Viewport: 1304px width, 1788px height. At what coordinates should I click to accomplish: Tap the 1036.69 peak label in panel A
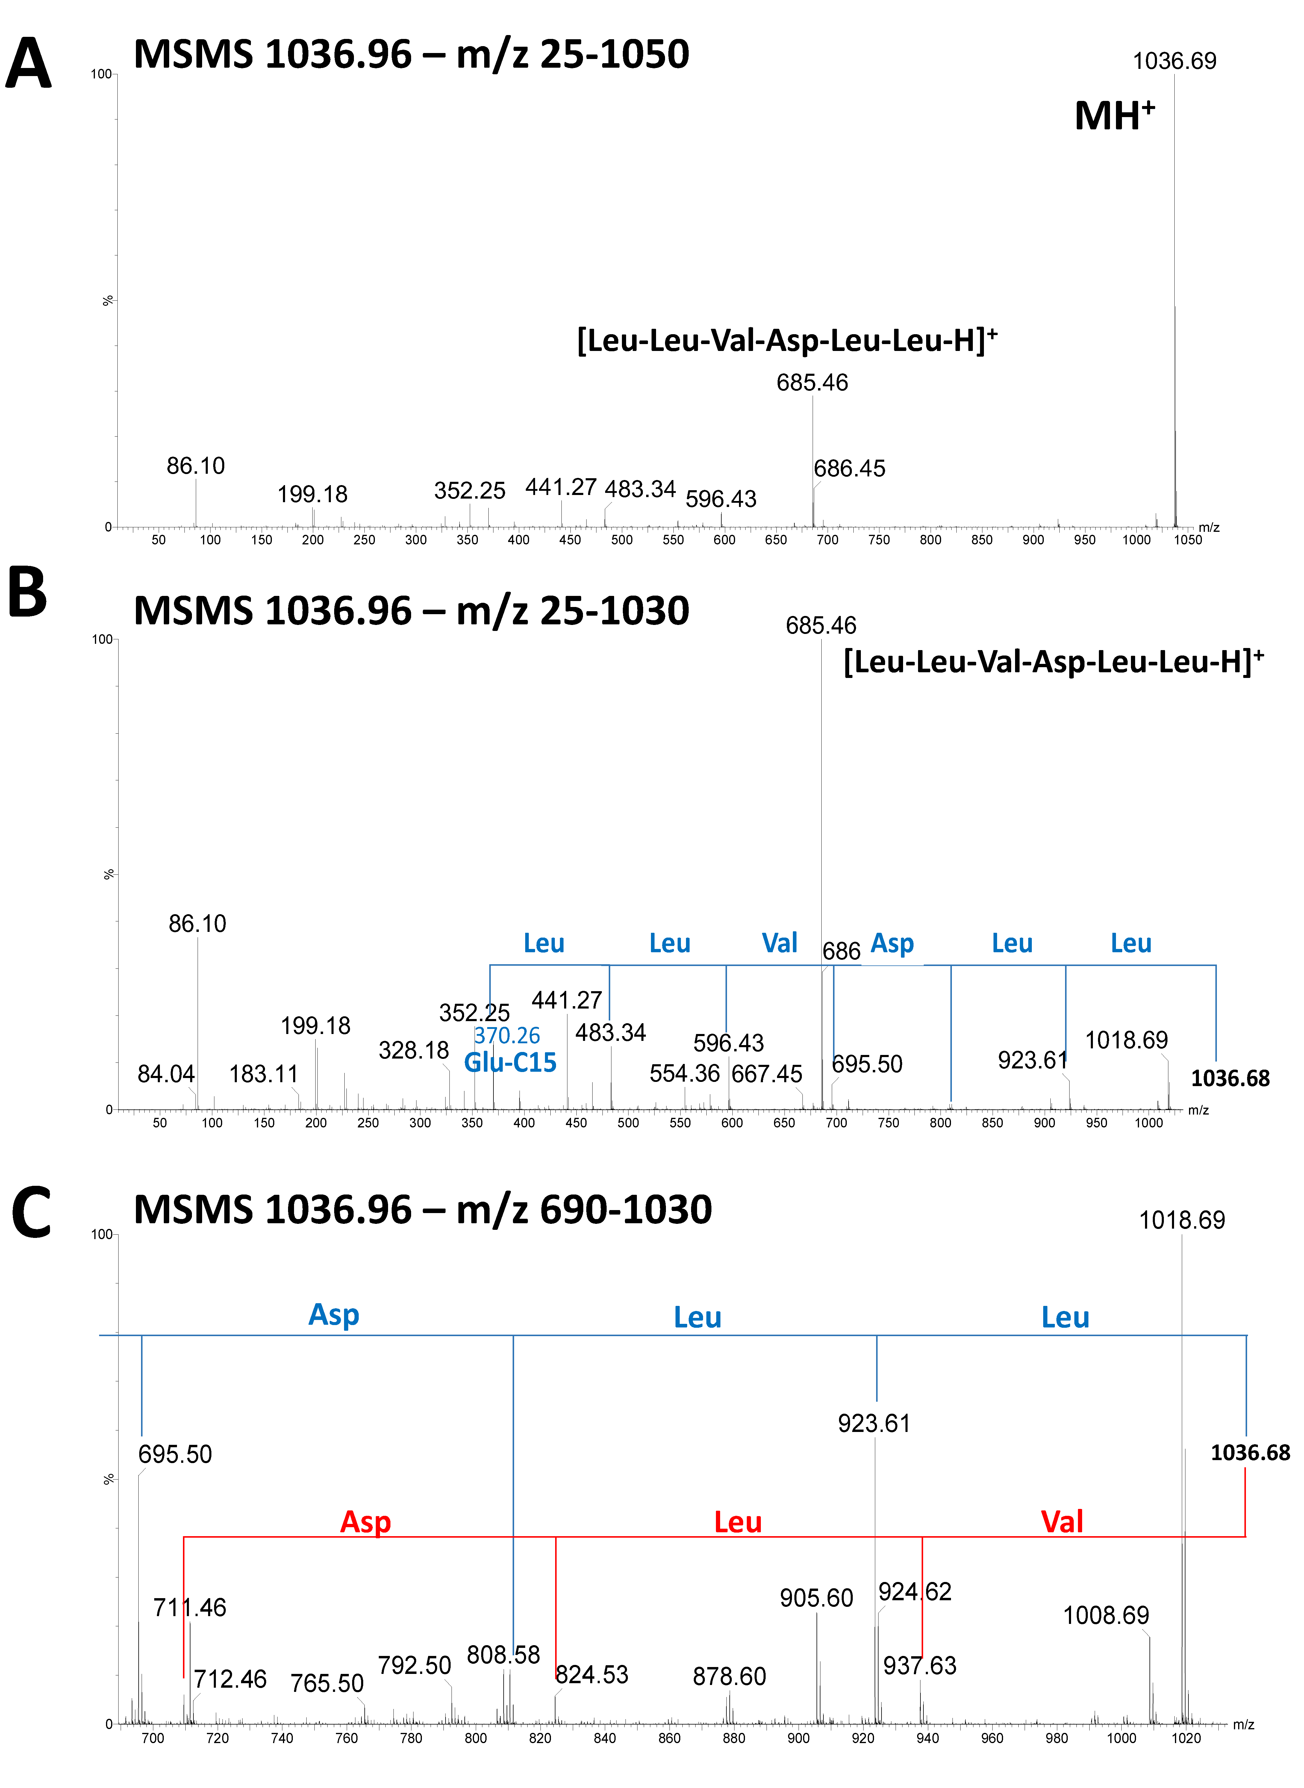(1175, 61)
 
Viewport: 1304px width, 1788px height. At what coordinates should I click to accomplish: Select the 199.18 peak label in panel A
(313, 494)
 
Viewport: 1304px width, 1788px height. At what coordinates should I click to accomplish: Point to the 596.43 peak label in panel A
(721, 499)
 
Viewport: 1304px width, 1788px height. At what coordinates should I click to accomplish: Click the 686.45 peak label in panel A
(849, 468)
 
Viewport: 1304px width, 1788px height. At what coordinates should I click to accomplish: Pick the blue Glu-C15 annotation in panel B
(510, 1062)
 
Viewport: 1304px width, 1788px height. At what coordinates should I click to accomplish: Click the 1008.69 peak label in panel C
(1106, 1615)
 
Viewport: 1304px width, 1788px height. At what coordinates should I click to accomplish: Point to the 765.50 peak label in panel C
(327, 1683)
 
